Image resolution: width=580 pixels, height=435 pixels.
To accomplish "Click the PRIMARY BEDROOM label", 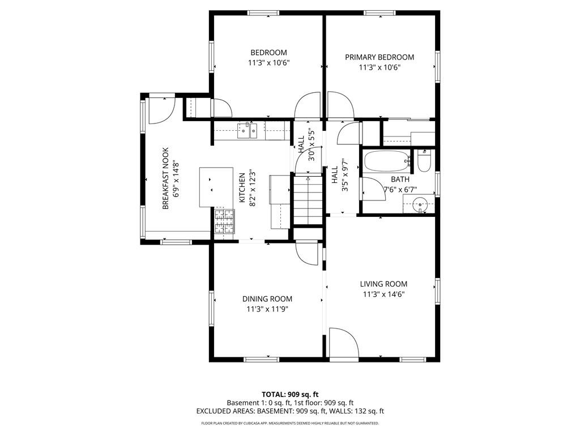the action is coord(379,57).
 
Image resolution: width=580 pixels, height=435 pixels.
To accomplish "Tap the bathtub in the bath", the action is coord(387,161).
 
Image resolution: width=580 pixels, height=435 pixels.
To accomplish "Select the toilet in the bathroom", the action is coord(424,161).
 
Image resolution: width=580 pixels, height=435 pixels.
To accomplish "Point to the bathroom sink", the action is coord(420,204).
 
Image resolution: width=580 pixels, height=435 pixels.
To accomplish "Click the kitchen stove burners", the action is coord(224,221).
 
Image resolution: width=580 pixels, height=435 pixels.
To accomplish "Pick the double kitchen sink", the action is coord(248,130).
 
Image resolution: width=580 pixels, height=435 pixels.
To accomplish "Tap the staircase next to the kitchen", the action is coord(308,200).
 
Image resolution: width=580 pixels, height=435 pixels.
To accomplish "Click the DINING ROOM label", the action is coord(267,299).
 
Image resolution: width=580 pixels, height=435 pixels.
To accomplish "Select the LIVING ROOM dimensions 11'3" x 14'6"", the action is coord(383,295).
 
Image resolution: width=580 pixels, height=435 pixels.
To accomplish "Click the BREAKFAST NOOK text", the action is coord(166,178).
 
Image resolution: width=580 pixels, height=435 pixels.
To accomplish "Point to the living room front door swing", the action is coord(344,342).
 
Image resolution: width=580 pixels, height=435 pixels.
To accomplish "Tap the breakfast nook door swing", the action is coord(161,110).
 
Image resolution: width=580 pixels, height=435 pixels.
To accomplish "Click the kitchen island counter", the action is coord(216,187).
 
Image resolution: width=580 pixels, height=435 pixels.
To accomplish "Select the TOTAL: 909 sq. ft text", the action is coord(290,394).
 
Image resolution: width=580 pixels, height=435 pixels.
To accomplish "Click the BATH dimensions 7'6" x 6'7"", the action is coord(400,190).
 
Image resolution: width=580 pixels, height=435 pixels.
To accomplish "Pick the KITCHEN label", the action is coord(242,188).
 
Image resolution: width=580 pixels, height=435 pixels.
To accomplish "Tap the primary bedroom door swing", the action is coord(340,105).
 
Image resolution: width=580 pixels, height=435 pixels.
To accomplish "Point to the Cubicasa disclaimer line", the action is coord(290,423).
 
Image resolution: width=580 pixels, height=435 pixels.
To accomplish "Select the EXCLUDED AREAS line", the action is coord(290,411).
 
